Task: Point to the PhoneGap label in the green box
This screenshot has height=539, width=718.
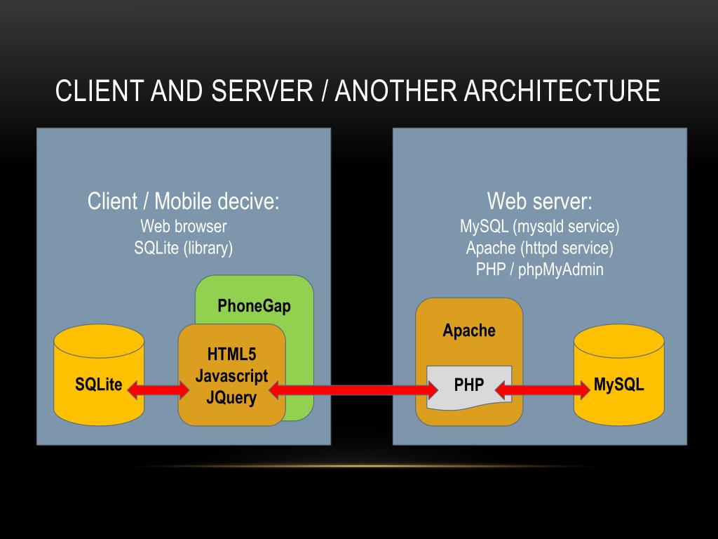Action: (x=254, y=306)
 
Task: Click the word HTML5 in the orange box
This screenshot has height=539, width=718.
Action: (x=231, y=354)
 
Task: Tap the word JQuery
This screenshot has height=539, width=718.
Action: (x=231, y=398)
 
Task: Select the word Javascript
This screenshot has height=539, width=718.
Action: (x=231, y=375)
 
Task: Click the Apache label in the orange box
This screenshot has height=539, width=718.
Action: (x=469, y=331)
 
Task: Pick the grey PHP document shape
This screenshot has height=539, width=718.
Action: (x=469, y=386)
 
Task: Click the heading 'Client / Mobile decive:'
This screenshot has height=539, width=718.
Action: (x=184, y=201)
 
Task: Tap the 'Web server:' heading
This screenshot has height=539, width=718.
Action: (x=540, y=201)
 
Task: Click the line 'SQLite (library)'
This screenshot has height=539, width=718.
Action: (x=184, y=248)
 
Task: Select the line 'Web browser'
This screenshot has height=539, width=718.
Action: (x=184, y=226)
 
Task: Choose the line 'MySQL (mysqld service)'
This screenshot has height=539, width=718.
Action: (x=540, y=226)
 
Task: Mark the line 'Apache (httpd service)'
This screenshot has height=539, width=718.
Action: (x=540, y=248)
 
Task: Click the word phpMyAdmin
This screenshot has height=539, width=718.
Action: (x=561, y=269)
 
